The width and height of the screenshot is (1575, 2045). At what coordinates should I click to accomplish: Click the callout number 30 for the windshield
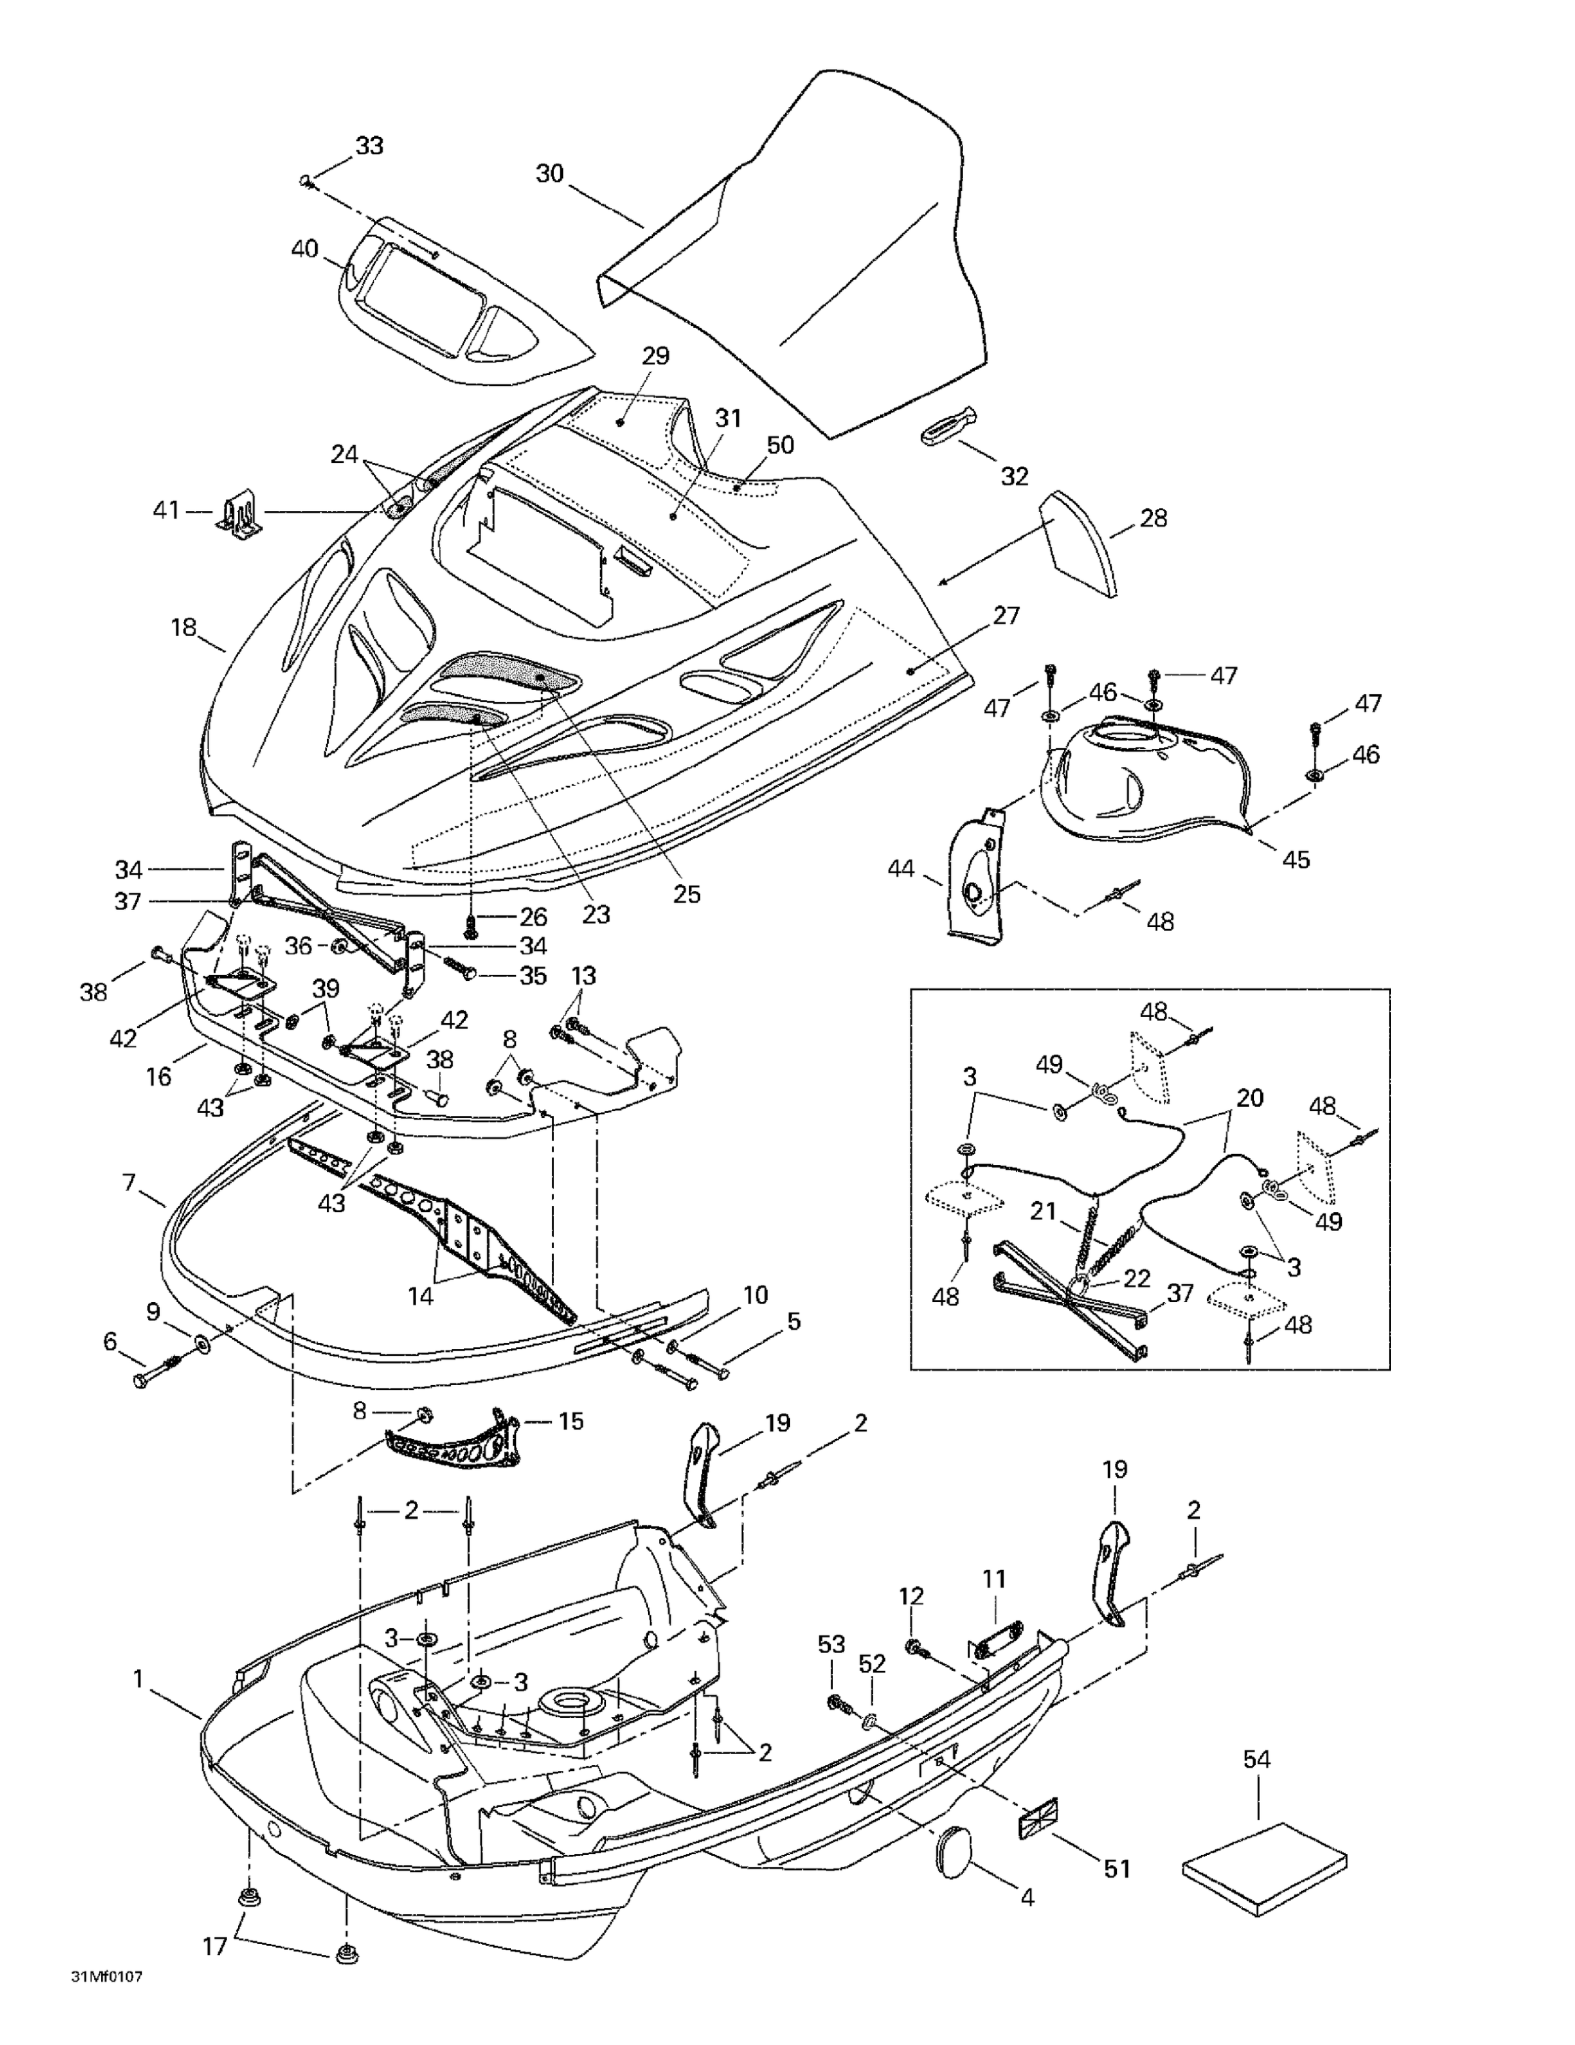pos(550,173)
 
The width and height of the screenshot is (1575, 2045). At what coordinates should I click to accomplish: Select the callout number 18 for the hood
pos(183,626)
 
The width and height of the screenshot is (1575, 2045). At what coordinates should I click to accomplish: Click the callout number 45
pos(1296,859)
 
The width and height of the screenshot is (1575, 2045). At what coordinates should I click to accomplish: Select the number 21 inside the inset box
pos(1043,1211)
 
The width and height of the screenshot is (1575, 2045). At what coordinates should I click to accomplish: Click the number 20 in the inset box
pos(1250,1097)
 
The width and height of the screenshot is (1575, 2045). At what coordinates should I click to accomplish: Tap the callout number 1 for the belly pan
pos(138,1679)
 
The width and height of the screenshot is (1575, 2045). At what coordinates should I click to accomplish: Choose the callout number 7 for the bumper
pos(129,1183)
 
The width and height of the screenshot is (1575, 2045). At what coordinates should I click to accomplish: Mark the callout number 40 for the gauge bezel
pos(305,249)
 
